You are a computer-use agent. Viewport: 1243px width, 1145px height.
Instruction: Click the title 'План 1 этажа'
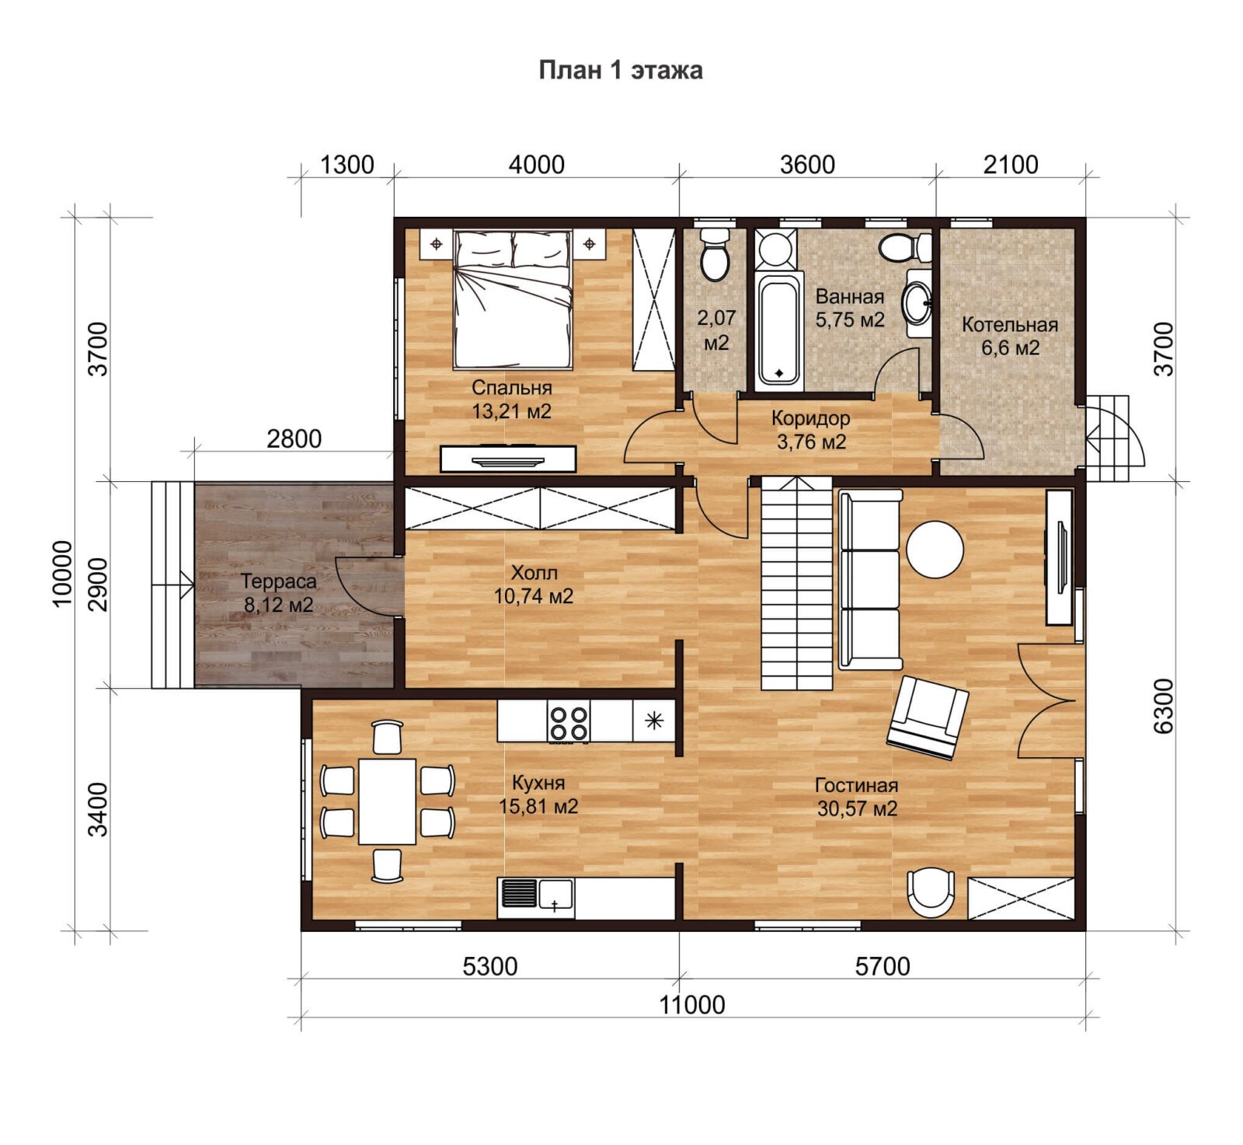tap(621, 70)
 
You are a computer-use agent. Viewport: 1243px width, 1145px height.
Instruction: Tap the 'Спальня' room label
tap(512, 387)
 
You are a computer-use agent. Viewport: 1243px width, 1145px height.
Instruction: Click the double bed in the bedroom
tap(513, 298)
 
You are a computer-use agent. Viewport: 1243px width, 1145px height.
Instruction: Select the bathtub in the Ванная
tap(779, 330)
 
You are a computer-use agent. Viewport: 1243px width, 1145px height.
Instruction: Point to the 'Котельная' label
tap(1010, 325)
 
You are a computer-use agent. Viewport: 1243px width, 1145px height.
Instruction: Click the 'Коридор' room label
tap(811, 418)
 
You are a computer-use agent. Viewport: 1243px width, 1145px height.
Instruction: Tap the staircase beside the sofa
tap(796, 583)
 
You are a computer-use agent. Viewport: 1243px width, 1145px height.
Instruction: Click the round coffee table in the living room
tap(935, 549)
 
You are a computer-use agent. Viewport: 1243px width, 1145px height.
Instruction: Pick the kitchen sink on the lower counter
tap(537, 894)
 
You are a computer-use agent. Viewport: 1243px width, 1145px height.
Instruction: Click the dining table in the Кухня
tap(387, 801)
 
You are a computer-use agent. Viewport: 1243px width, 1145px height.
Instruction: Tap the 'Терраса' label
tap(279, 581)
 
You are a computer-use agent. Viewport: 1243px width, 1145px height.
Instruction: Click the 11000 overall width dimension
tap(692, 1005)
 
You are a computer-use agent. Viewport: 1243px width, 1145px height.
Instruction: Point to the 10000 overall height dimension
tap(62, 574)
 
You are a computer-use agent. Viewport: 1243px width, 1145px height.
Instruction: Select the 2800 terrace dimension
tap(294, 439)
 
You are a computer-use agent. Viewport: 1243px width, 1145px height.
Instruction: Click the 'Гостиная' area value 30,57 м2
tap(857, 808)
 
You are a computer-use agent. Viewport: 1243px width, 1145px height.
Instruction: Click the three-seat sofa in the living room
tap(870, 579)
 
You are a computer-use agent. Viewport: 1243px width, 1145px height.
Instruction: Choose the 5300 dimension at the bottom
tap(489, 966)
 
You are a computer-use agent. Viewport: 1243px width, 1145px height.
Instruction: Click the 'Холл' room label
tap(534, 573)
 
